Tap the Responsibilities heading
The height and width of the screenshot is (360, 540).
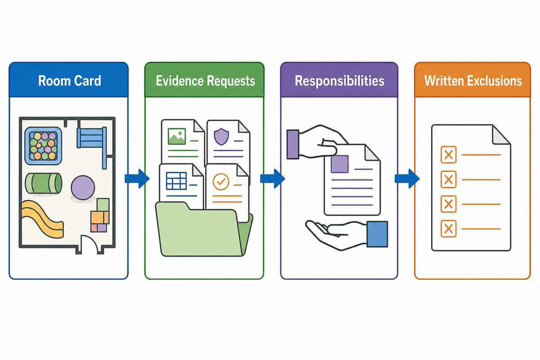tap(339, 81)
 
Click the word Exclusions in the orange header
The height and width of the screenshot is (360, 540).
tap(495, 81)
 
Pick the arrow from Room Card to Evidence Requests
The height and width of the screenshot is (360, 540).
tap(137, 179)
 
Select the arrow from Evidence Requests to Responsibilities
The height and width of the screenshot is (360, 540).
tap(272, 179)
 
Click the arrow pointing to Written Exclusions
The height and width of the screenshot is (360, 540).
tap(407, 179)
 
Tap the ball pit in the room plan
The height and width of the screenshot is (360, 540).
tap(43, 146)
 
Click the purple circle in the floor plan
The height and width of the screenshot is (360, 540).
tap(83, 188)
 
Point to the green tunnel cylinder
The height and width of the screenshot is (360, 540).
tap(43, 183)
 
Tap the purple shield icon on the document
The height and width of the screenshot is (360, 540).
tap(221, 137)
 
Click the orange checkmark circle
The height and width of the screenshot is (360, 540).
tap(221, 182)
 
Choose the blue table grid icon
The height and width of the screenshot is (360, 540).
tap(176, 180)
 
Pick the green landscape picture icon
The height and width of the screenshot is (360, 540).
tap(177, 136)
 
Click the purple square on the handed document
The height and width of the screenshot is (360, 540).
tap(339, 164)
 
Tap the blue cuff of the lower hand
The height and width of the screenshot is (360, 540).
tap(377, 234)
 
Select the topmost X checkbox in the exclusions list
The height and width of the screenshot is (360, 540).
tap(448, 154)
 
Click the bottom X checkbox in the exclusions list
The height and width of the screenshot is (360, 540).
tap(448, 229)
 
